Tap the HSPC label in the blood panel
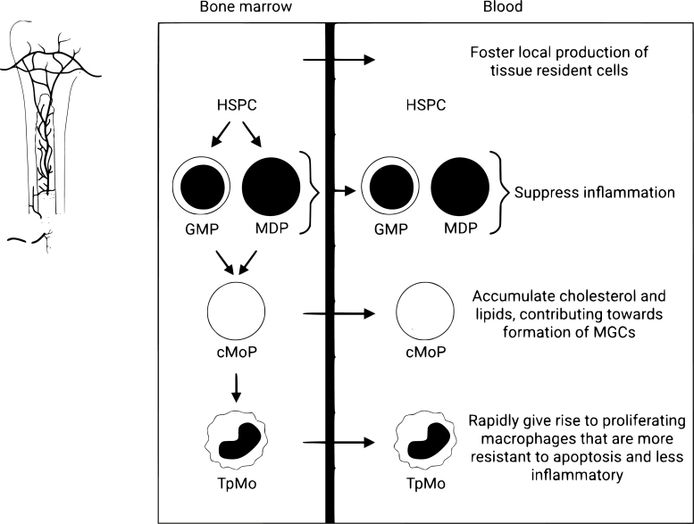pyautogui.click(x=425, y=104)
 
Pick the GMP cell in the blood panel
pyautogui.click(x=390, y=190)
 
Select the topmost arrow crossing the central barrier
pyautogui.click(x=339, y=61)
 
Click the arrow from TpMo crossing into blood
pyautogui.click(x=339, y=441)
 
